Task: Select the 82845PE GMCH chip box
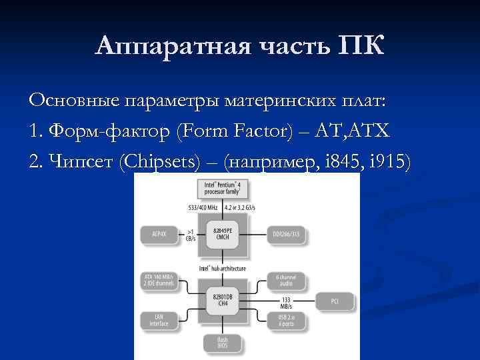222,235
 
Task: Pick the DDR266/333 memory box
286,235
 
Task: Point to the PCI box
335,301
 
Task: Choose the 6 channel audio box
286,281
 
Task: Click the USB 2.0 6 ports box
286,320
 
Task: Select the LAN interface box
159,320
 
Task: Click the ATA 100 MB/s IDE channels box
159,281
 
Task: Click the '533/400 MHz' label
203,207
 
